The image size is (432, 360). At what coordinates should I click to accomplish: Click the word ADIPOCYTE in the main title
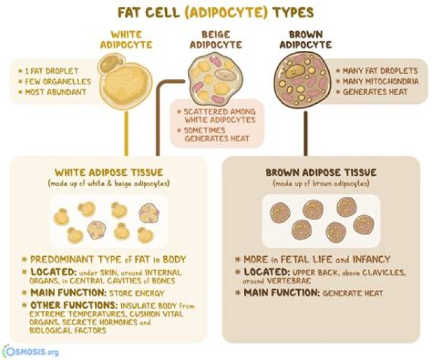point(226,13)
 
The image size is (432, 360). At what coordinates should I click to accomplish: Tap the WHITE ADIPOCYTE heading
point(126,40)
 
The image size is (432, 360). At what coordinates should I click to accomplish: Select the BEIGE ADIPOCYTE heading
point(216,40)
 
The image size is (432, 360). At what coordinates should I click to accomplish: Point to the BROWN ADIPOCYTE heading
point(305,40)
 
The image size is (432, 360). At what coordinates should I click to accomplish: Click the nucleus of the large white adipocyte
point(110,63)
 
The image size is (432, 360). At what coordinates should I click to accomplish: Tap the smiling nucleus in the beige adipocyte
point(226,74)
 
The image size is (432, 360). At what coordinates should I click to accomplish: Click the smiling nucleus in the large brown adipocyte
point(295,71)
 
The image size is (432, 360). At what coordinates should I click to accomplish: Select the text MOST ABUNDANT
point(56,92)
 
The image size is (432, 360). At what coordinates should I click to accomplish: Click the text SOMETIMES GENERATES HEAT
point(217,134)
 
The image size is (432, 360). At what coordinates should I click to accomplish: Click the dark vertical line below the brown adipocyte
point(305,133)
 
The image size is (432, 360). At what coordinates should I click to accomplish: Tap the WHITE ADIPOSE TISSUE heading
point(109,173)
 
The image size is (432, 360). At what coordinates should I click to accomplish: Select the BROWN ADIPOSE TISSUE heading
point(321,173)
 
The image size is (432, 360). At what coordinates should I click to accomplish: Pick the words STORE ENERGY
point(137,293)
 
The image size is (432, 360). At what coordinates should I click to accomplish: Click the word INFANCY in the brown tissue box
point(371,259)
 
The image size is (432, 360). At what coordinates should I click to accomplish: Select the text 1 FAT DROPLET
point(52,71)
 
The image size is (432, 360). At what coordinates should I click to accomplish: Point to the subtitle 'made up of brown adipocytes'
point(321,184)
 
